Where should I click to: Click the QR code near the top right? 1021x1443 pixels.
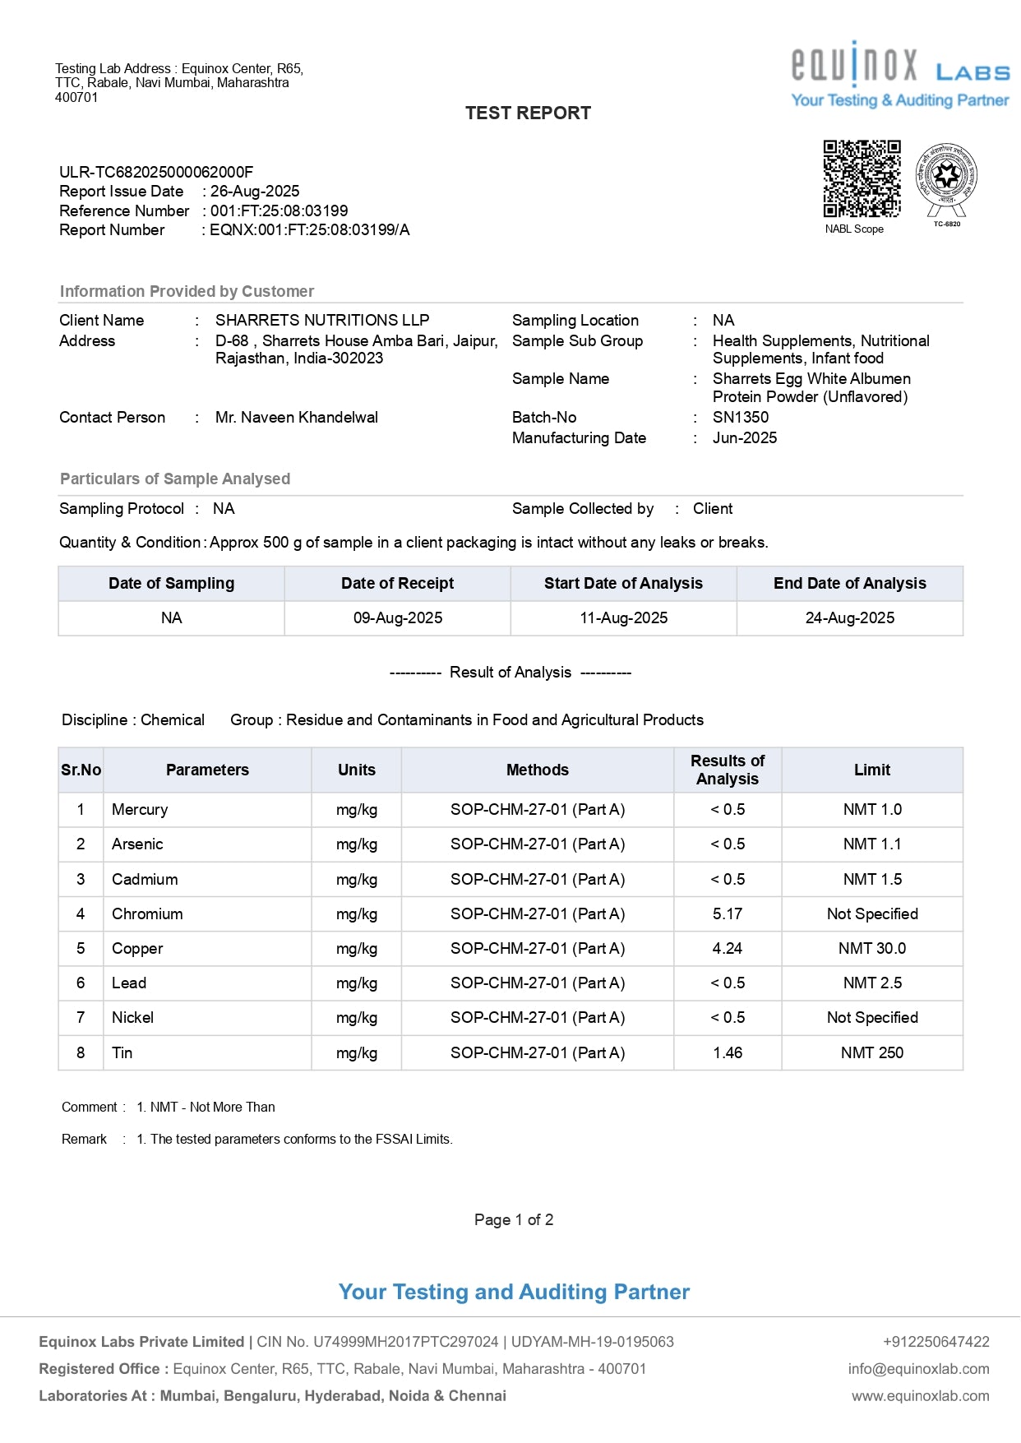click(x=862, y=178)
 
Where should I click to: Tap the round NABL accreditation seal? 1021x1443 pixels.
click(x=947, y=177)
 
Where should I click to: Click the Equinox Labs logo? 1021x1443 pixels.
click(x=899, y=74)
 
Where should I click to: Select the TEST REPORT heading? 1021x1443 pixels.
click(x=528, y=113)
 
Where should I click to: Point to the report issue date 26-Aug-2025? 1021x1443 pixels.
click(x=255, y=192)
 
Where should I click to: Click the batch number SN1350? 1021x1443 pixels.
click(x=741, y=418)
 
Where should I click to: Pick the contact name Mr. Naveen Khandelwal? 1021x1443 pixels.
click(x=297, y=418)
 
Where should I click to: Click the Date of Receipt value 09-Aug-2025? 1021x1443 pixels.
click(x=398, y=618)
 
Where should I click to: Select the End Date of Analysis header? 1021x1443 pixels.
click(x=849, y=584)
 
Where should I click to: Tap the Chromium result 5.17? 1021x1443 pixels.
click(x=728, y=914)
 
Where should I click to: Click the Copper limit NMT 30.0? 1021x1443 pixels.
click(x=871, y=949)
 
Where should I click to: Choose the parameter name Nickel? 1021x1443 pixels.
click(x=133, y=1018)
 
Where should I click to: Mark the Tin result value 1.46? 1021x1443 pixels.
click(x=728, y=1053)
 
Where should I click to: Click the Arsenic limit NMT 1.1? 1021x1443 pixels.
click(x=871, y=844)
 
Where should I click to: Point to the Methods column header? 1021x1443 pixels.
click(x=537, y=770)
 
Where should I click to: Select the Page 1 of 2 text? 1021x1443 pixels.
click(x=514, y=1220)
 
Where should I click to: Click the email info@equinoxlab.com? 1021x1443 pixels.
click(x=918, y=1369)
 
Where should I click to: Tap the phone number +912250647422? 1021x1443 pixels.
click(x=936, y=1342)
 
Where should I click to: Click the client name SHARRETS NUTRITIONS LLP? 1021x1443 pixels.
click(x=322, y=321)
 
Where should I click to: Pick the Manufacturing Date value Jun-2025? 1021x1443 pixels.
click(x=745, y=438)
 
